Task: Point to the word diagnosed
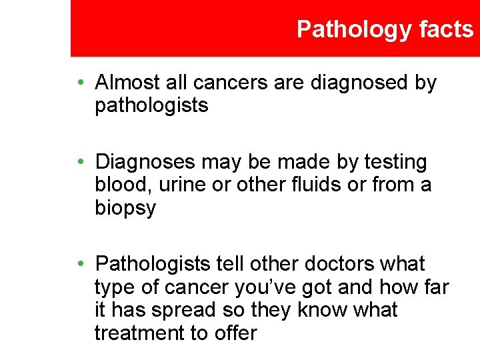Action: point(367,83)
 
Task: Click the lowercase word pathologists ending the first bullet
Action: point(151,105)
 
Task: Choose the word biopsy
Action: point(125,208)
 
